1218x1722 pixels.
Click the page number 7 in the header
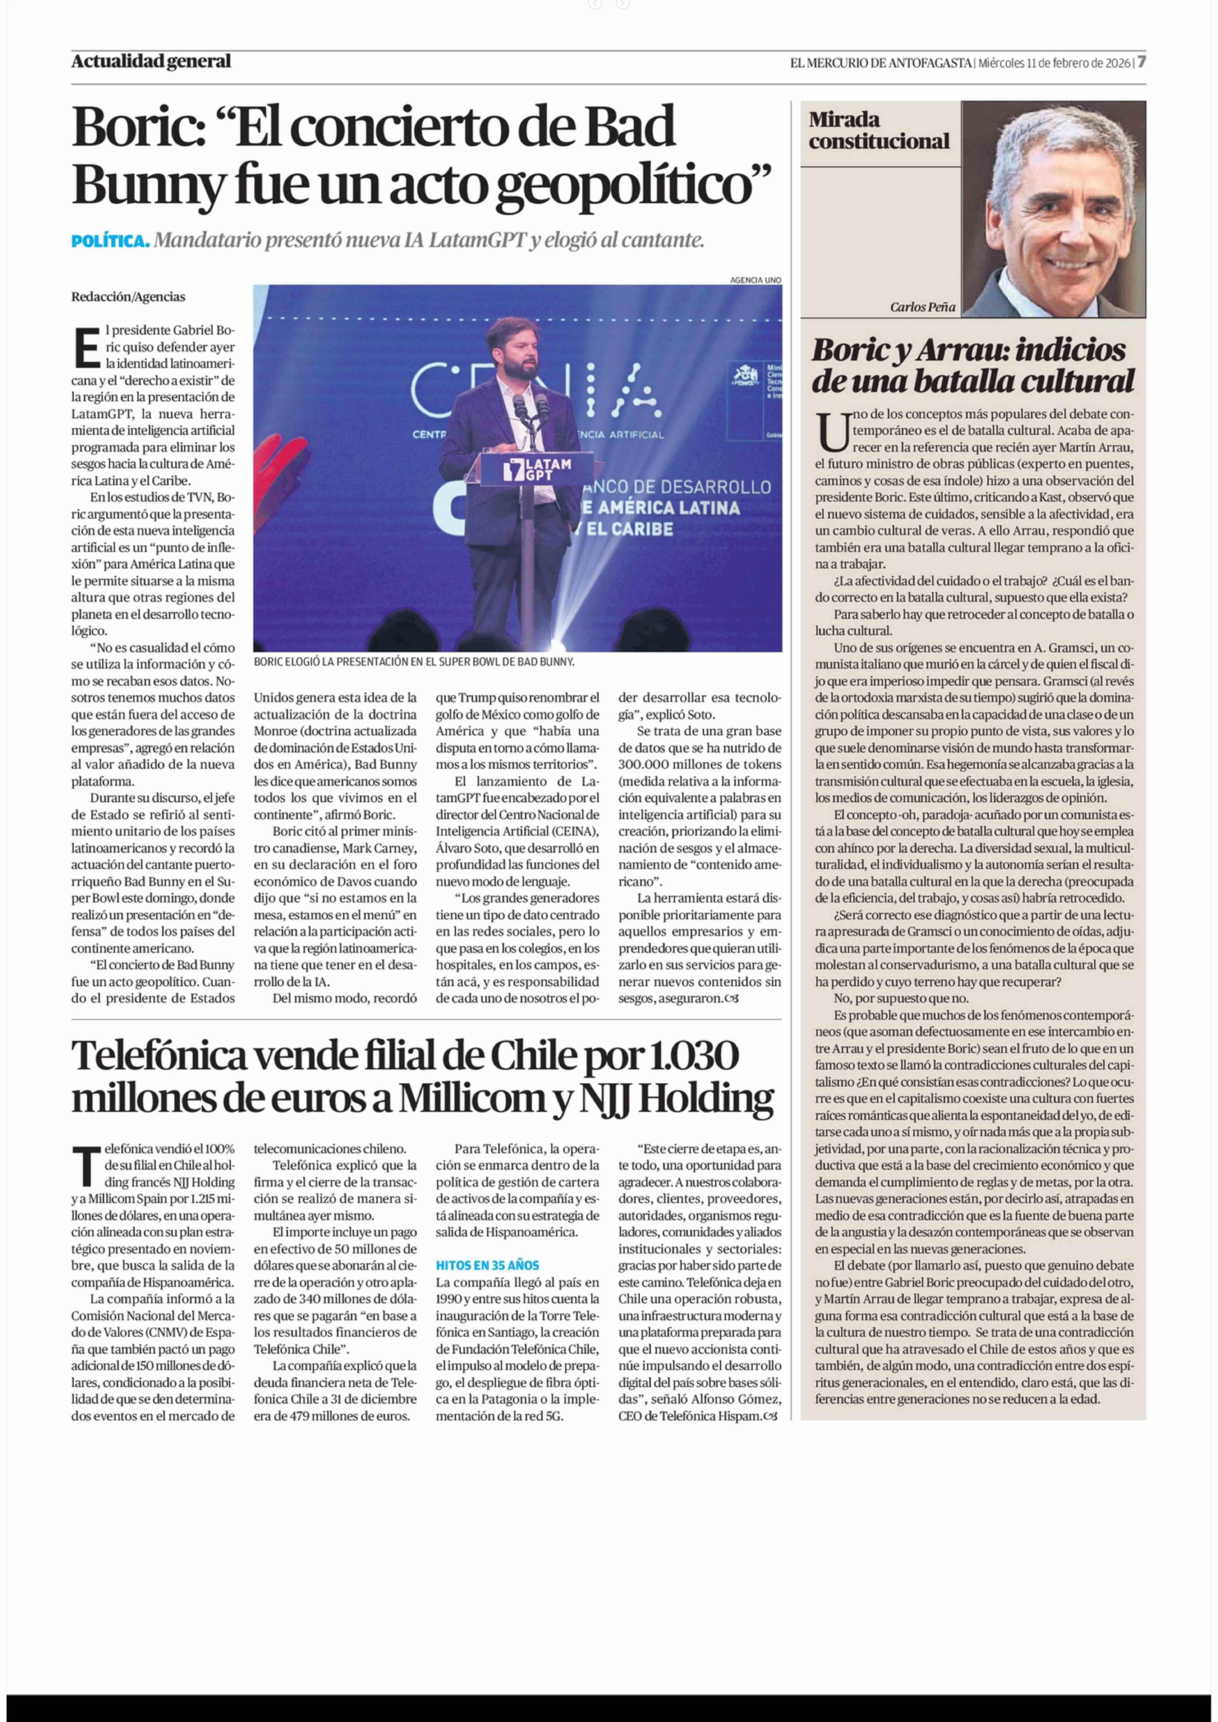coord(1141,62)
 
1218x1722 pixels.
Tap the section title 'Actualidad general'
coord(151,62)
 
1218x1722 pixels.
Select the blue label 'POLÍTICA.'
coord(110,242)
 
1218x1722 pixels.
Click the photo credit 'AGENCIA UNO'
coord(755,280)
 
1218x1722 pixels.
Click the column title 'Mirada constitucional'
coord(878,130)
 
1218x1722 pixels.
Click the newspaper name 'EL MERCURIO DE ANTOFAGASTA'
coord(881,63)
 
